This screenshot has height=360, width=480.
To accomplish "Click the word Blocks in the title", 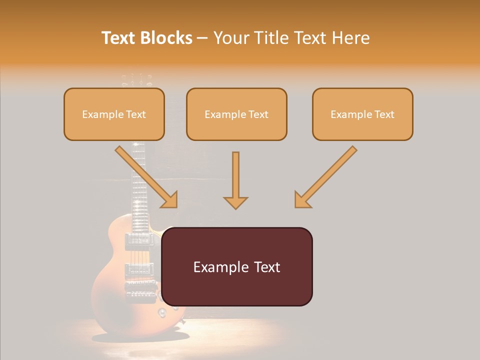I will click(x=166, y=38).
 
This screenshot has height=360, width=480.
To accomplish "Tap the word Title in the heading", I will click(x=273, y=38).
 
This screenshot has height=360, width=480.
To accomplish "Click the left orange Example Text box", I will click(x=114, y=114).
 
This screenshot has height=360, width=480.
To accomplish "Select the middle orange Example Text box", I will click(x=236, y=114).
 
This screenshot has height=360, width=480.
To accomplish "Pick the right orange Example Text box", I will click(x=362, y=114).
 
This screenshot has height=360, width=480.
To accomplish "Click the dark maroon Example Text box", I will click(x=237, y=266).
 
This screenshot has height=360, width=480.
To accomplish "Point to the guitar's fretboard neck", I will click(x=138, y=185).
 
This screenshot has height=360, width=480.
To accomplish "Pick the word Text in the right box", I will click(x=384, y=114).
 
